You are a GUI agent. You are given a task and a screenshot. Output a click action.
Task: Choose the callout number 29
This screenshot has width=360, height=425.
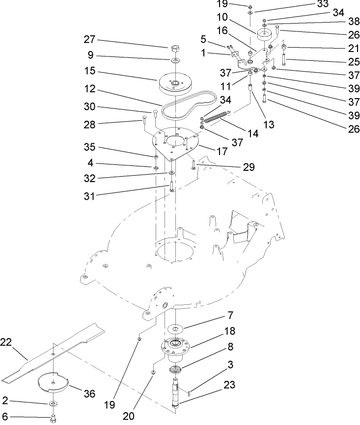click(249, 167)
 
